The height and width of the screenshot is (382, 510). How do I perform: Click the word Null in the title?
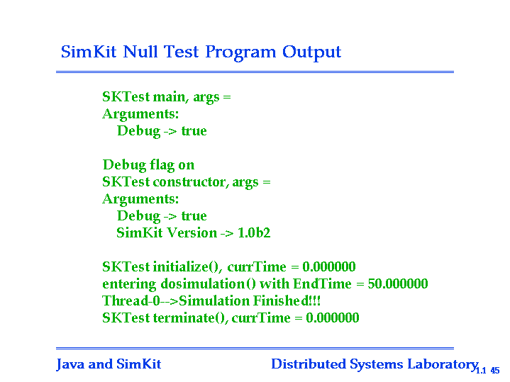coord(140,52)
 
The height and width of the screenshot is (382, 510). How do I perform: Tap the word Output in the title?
coord(311,52)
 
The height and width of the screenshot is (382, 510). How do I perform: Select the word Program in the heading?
coord(240,52)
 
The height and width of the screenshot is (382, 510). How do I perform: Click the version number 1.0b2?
coord(254,232)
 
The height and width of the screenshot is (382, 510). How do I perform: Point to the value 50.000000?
coord(398,283)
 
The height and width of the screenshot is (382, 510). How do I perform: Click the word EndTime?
coord(322,283)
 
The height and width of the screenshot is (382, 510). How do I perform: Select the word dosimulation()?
coord(209,284)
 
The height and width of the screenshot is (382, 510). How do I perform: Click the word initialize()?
coord(187,267)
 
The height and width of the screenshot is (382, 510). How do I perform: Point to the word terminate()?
coord(191,318)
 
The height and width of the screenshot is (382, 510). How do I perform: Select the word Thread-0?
coord(131,300)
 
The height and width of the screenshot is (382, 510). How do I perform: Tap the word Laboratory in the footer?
coord(443,365)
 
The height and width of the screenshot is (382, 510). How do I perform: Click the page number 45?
coord(495,370)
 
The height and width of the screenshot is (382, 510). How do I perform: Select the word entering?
coord(130,284)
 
